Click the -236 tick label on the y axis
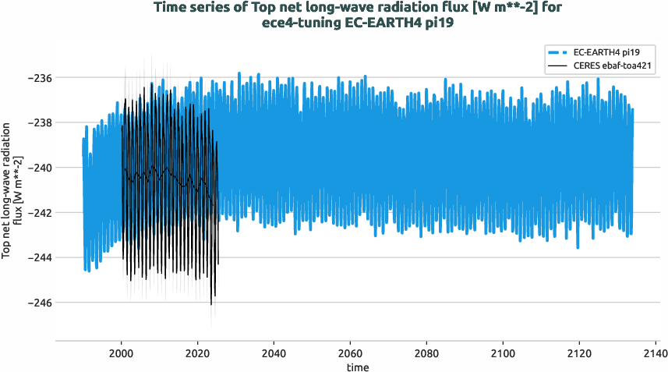pos(39,78)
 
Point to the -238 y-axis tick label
pos(39,123)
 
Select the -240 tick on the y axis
pos(39,168)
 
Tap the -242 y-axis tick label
pos(39,212)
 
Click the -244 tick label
pos(39,257)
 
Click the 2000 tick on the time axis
pos(121,353)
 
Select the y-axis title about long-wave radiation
pos(11,190)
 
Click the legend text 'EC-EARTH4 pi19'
pos(606,51)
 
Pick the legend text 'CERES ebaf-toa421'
pos(612,66)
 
